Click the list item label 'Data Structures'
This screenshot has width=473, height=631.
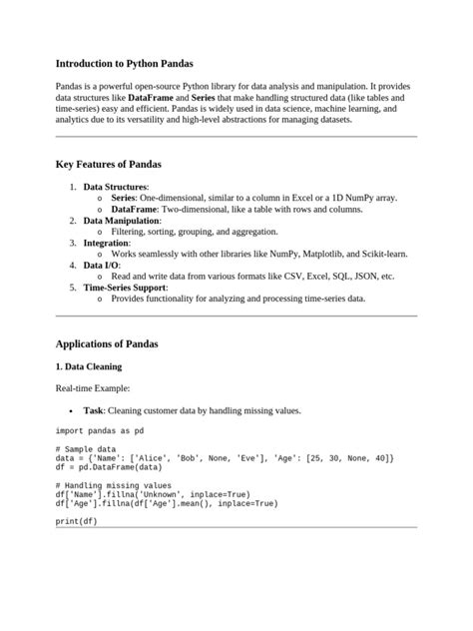[x=115, y=187]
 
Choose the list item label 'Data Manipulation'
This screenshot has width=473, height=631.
[x=122, y=220]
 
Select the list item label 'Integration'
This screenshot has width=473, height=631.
[x=107, y=243]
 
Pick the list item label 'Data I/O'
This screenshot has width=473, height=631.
[x=102, y=266]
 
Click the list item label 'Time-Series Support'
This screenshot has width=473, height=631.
[x=125, y=288]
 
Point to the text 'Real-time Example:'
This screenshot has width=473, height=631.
[x=93, y=387]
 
